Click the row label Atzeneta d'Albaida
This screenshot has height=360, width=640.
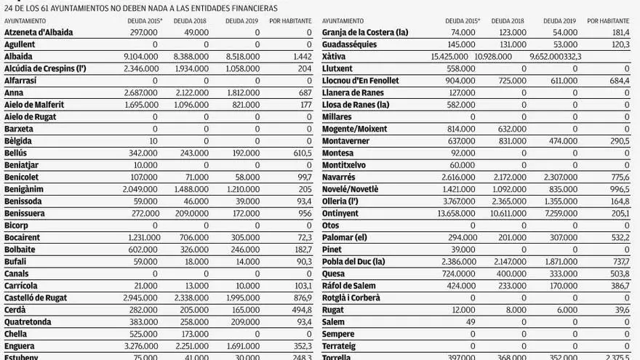click(x=39, y=33)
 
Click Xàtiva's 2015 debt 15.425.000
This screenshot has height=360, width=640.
click(x=453, y=57)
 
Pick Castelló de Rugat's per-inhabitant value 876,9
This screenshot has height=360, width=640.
click(x=299, y=297)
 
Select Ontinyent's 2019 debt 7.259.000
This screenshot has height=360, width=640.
click(x=559, y=213)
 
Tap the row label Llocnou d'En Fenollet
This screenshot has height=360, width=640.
click(x=360, y=81)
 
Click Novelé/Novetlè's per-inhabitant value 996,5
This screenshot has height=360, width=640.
click(x=617, y=189)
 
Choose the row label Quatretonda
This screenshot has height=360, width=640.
click(x=28, y=321)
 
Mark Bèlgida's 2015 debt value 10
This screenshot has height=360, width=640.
click(x=153, y=141)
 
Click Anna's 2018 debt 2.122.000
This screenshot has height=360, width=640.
click(x=189, y=93)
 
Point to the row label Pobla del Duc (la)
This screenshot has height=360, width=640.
click(x=353, y=262)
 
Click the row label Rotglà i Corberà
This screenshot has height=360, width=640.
click(x=351, y=297)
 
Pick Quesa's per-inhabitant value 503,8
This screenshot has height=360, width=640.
click(x=617, y=273)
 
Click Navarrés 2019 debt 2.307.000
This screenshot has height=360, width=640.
click(x=559, y=177)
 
